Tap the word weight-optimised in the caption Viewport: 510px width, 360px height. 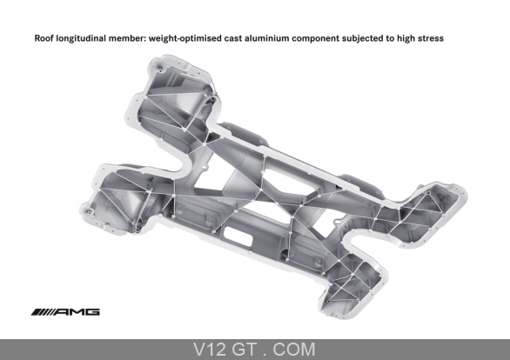[185, 38]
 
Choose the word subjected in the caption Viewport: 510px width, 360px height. [362, 38]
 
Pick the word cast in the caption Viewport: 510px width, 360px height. [233, 38]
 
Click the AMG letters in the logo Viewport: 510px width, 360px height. [77, 312]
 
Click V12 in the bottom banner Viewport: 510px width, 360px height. [209, 350]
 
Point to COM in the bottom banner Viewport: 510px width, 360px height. [293, 350]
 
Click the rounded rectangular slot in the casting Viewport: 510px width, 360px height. [238, 237]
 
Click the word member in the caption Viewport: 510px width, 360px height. [126, 38]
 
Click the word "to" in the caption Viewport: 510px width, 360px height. [390, 38]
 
